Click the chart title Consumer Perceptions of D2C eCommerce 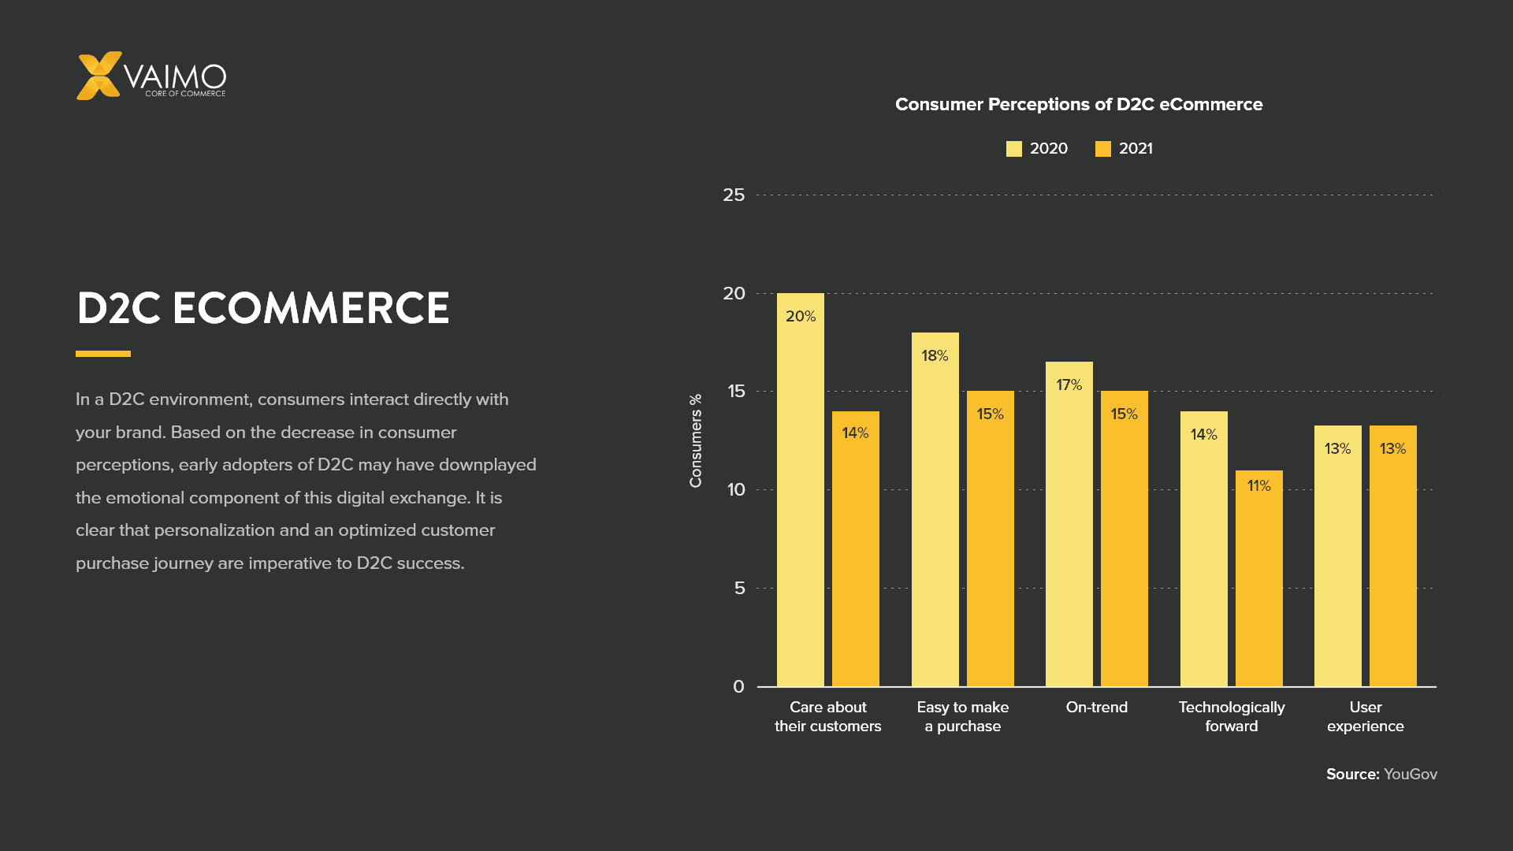[1078, 104]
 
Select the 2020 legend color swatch [1013, 149]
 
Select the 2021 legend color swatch [1102, 149]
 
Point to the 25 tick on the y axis [734, 195]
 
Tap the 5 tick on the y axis [739, 588]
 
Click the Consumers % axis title [695, 440]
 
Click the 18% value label [935, 355]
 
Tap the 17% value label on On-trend [1069, 385]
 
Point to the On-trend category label [1096, 707]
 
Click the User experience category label [1365, 716]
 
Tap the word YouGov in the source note [1410, 774]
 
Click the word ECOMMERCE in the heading [310, 308]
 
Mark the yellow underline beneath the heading [103, 354]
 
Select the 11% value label [1258, 485]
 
